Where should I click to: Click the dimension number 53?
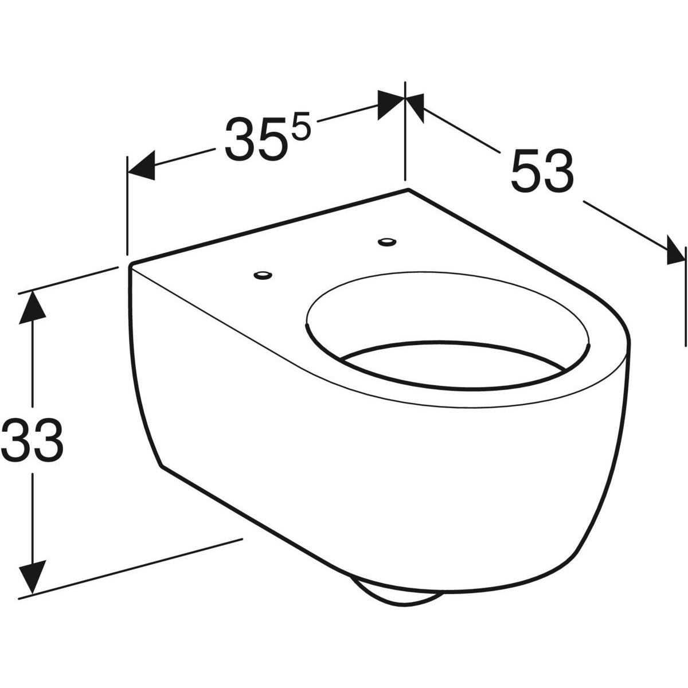542,171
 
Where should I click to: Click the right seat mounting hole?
387,242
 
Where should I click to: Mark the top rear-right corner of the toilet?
407,189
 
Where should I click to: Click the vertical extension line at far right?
685,292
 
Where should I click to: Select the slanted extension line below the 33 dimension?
132,568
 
